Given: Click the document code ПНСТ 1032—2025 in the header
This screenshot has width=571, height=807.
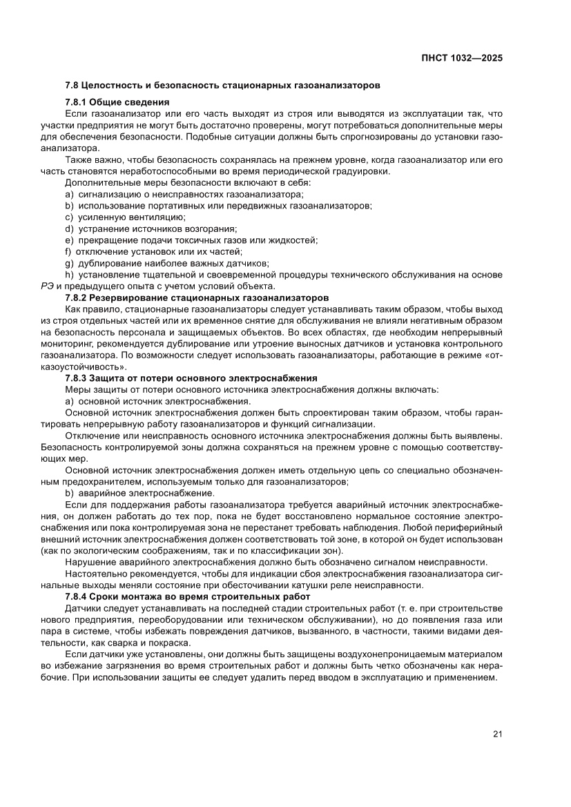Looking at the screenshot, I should (x=461, y=58).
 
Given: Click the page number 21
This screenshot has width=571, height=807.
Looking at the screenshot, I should (x=497, y=733).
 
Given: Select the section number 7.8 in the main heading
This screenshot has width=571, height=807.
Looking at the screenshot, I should (x=71, y=87).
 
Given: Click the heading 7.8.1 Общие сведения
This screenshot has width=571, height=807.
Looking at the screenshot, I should (x=117, y=102).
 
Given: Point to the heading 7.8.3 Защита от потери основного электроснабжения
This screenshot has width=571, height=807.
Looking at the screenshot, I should (x=191, y=378).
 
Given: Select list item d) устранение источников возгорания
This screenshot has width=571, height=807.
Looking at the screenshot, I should (x=151, y=229).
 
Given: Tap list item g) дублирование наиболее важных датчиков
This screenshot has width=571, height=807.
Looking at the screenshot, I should (x=166, y=263).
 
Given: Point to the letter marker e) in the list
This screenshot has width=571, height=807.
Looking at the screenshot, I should (x=69, y=240).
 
